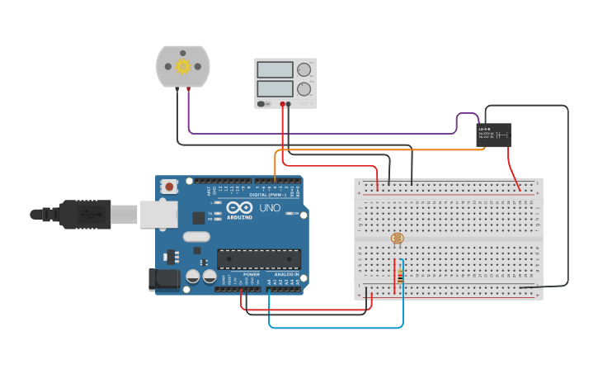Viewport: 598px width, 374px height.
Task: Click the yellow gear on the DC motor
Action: coord(182,66)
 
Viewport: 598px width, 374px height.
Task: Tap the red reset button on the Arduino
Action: coord(169,187)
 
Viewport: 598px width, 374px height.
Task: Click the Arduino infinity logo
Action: coord(240,208)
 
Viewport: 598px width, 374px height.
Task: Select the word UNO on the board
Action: coord(270,208)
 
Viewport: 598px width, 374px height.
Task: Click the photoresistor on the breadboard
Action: coord(398,239)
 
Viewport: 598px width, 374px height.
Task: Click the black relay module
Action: coord(493,135)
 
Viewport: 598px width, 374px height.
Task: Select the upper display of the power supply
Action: coord(275,70)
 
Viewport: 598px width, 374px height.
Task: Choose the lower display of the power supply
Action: coord(275,88)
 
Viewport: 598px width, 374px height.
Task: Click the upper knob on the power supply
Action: coord(304,70)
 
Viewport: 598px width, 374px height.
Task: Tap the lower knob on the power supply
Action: coord(304,88)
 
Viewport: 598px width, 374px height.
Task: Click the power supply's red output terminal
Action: coord(282,104)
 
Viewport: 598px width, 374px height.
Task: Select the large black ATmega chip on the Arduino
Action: coord(258,258)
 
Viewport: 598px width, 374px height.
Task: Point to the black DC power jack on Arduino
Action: coord(163,280)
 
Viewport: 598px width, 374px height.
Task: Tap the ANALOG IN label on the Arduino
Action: coord(286,274)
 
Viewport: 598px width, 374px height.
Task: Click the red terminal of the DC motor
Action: coord(188,88)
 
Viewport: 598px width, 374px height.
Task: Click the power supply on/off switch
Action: coord(262,104)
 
